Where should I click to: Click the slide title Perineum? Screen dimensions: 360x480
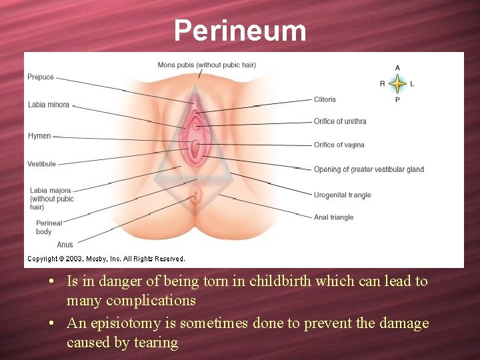click(240, 31)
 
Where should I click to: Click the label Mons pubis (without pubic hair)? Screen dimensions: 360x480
click(207, 65)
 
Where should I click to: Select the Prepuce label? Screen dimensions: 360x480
click(41, 77)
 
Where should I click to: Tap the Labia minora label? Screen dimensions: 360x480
click(49, 105)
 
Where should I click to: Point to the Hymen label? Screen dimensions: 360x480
click(39, 136)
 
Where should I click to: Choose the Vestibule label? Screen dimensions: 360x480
click(42, 164)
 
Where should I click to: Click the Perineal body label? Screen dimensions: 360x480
click(49, 227)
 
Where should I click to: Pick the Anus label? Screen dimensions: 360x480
click(65, 245)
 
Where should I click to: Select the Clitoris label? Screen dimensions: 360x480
click(325, 99)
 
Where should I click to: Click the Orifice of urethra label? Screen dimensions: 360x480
click(340, 121)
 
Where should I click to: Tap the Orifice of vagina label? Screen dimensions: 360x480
click(339, 145)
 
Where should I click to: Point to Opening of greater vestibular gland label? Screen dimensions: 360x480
click(369, 169)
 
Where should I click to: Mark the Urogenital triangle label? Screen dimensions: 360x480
click(342, 195)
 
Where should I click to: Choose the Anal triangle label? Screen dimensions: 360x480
click(333, 217)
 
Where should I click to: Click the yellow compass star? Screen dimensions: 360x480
click(397, 84)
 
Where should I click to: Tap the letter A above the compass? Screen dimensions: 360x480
click(398, 68)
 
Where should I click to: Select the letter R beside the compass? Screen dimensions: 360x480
click(383, 84)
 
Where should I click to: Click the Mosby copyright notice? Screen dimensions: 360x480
click(106, 259)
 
